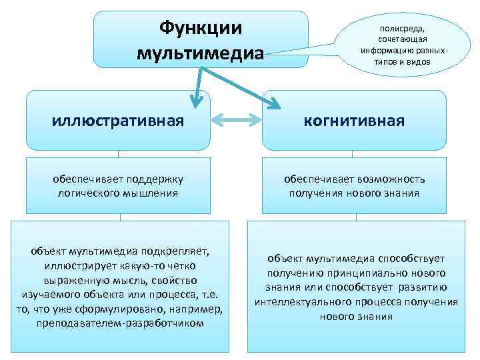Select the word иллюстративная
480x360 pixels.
click(118, 121)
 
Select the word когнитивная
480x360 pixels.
click(354, 121)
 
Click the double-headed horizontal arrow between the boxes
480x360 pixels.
click(236, 121)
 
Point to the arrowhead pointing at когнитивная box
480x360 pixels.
click(274, 102)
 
